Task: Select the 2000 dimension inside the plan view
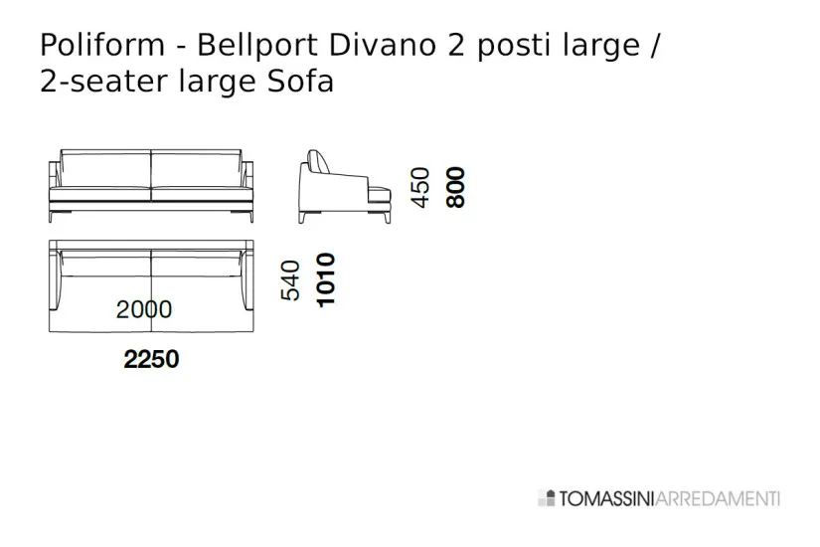(x=144, y=309)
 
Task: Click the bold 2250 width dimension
(x=151, y=359)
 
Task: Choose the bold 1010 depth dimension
(x=325, y=279)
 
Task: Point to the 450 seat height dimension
(x=421, y=187)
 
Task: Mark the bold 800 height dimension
(x=456, y=187)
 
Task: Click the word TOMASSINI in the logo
(x=606, y=498)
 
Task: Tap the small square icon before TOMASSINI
(x=547, y=498)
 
